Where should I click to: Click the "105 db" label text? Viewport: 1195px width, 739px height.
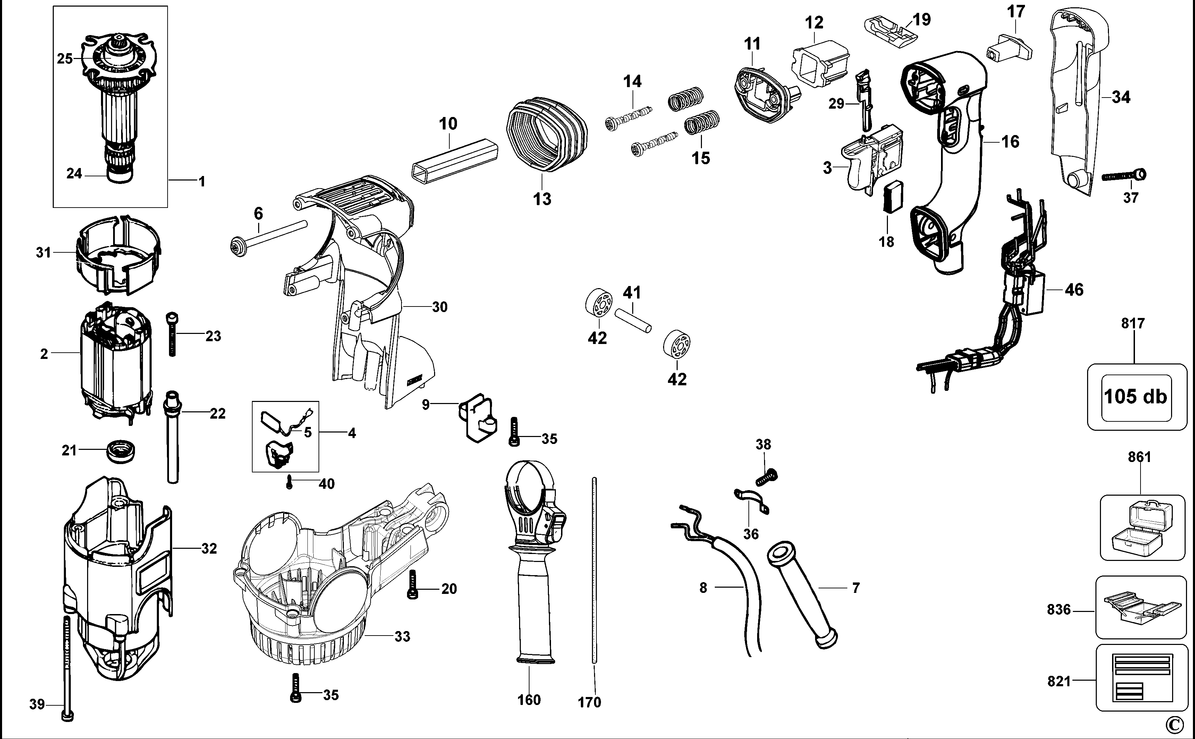pos(1135,396)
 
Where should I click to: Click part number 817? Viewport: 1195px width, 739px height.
pos(1133,324)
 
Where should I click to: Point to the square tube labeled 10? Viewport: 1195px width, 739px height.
pos(454,163)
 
